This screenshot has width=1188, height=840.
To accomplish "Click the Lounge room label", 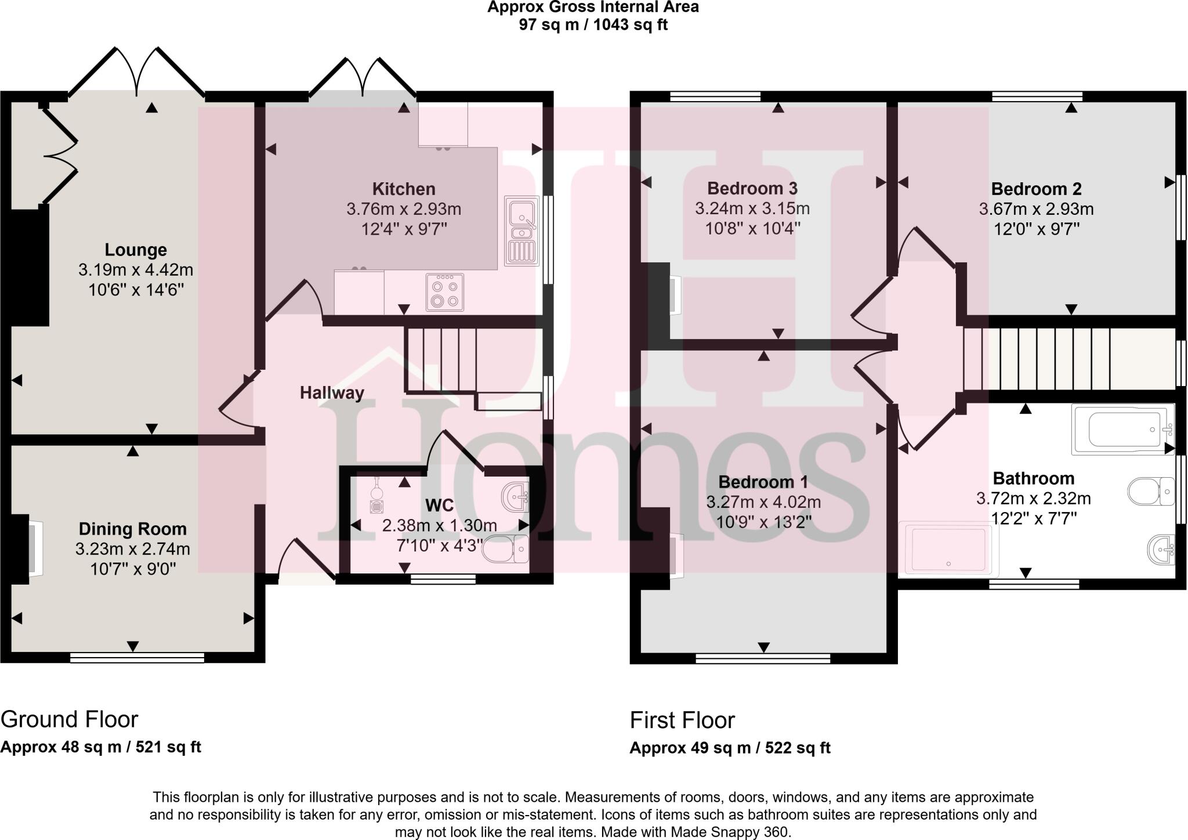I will coord(136,250).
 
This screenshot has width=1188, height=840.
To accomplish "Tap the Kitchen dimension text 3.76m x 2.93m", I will coord(404,209).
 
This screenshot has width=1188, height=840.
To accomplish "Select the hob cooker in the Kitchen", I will coord(444,292).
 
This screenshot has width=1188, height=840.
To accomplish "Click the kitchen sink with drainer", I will coord(521,231).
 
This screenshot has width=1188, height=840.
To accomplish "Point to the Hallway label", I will coord(332,393).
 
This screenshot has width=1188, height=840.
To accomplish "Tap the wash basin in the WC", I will coord(515,497).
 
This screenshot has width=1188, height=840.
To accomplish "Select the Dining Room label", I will coord(133,529).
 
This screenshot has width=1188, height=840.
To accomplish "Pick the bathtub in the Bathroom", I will coord(1122,430).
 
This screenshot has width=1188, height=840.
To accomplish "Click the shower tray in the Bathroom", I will coord(948,549).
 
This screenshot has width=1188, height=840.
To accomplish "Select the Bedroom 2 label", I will coord(1036,189).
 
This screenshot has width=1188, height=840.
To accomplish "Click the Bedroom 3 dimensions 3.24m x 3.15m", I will coord(752,208).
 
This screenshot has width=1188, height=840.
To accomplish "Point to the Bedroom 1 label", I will coord(763,482).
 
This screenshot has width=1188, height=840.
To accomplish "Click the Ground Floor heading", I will coord(70,719).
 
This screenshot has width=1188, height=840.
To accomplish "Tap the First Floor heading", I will coord(682,720).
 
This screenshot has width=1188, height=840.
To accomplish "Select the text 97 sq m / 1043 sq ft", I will coord(593,25).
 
